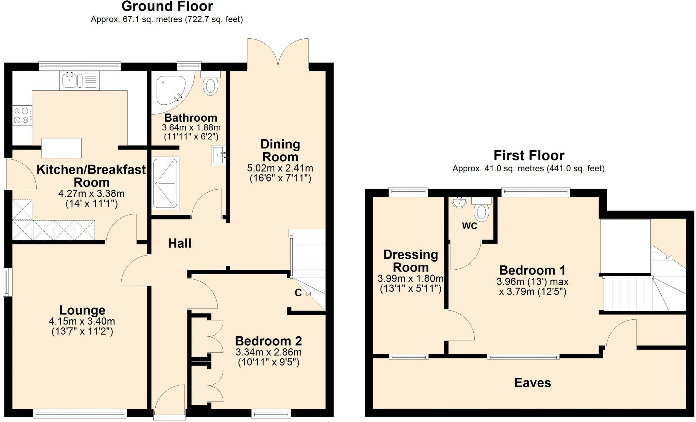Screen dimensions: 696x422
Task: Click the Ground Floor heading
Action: click(x=167, y=6)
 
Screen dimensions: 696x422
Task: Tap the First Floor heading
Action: click(x=529, y=156)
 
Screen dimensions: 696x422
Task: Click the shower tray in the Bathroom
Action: click(x=165, y=183)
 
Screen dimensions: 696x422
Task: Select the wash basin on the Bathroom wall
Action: click(x=219, y=155)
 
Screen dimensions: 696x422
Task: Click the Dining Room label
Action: click(x=280, y=151)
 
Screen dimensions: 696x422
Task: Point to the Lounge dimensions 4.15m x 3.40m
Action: click(x=82, y=321)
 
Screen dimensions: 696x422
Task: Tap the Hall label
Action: click(x=180, y=243)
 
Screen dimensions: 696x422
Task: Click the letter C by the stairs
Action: click(x=298, y=293)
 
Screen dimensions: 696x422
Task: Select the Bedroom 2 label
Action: click(x=268, y=341)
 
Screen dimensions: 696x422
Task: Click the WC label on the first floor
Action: click(x=469, y=226)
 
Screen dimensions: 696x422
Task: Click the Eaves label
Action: click(x=533, y=383)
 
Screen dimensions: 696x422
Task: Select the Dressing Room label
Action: click(x=411, y=261)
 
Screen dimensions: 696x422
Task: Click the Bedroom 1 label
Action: click(x=533, y=270)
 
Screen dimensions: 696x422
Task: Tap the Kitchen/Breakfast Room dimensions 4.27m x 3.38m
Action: click(x=91, y=194)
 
